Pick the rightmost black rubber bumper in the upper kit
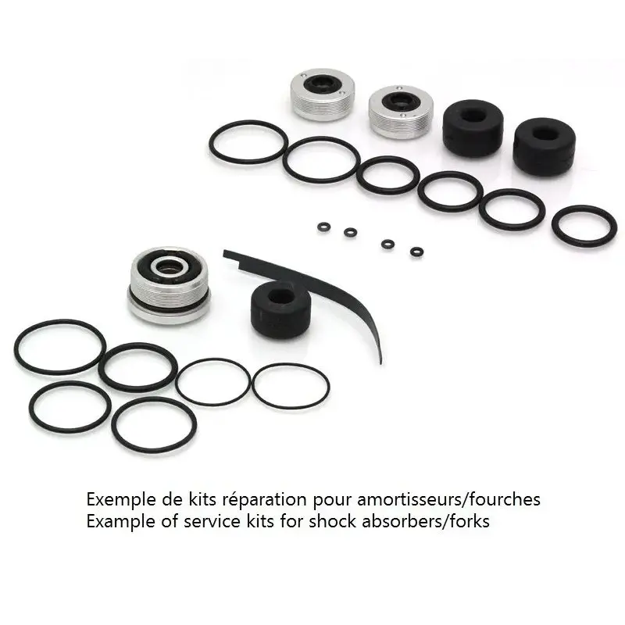(544, 145)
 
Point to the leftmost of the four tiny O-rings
(324, 227)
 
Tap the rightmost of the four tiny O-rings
(416, 252)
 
